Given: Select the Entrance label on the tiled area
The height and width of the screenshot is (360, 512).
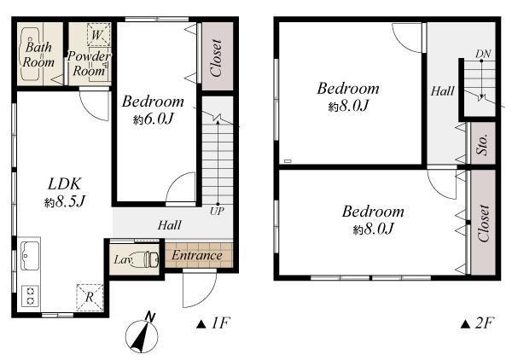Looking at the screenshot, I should (x=197, y=255).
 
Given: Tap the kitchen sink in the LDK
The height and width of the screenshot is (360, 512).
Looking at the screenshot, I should (x=29, y=254).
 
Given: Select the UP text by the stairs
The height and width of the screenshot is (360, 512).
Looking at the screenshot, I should (x=217, y=210).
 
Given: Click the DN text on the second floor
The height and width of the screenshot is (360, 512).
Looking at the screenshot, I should (x=483, y=54).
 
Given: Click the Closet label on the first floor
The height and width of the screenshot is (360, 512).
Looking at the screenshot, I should (x=216, y=57).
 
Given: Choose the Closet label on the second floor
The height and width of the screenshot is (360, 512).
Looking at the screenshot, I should (x=484, y=224).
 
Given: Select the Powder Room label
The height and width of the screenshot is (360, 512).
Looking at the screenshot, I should (x=90, y=64).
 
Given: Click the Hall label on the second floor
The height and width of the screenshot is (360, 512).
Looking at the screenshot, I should (x=442, y=90).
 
